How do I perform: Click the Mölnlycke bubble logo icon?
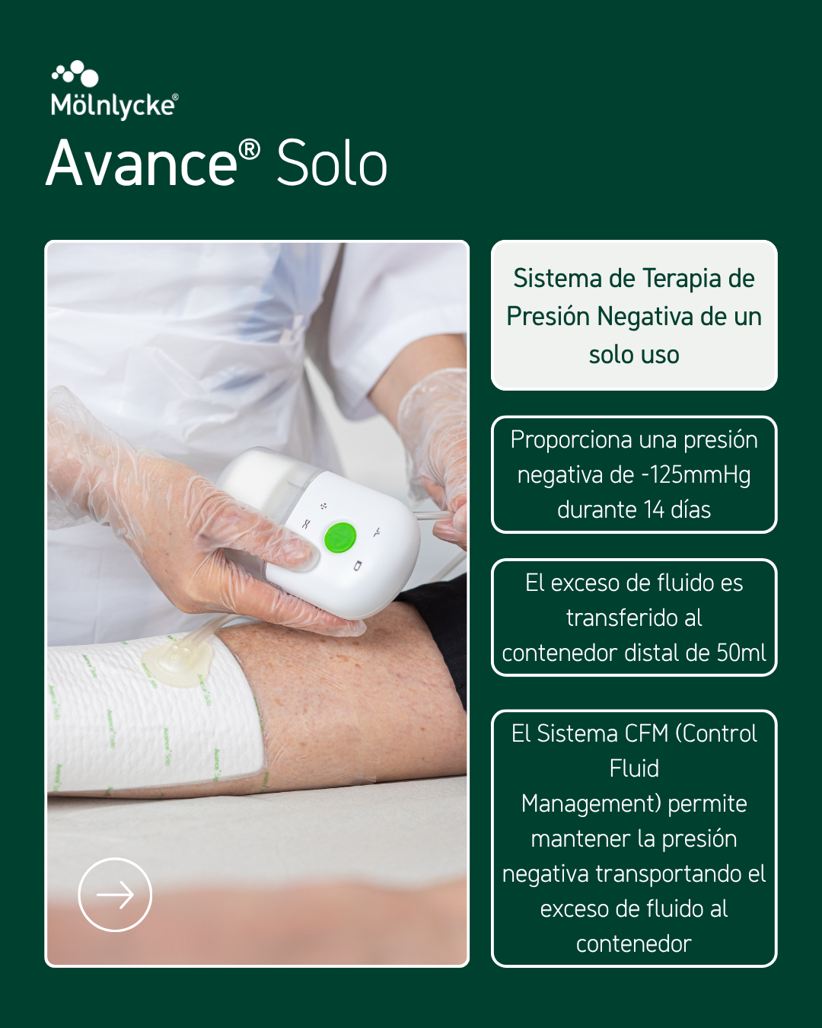(x=75, y=74)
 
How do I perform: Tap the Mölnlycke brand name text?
(x=115, y=106)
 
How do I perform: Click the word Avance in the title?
(x=142, y=164)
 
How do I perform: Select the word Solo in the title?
(x=332, y=164)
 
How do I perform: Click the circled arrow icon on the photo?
(x=115, y=894)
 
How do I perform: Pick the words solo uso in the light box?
(x=634, y=355)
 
